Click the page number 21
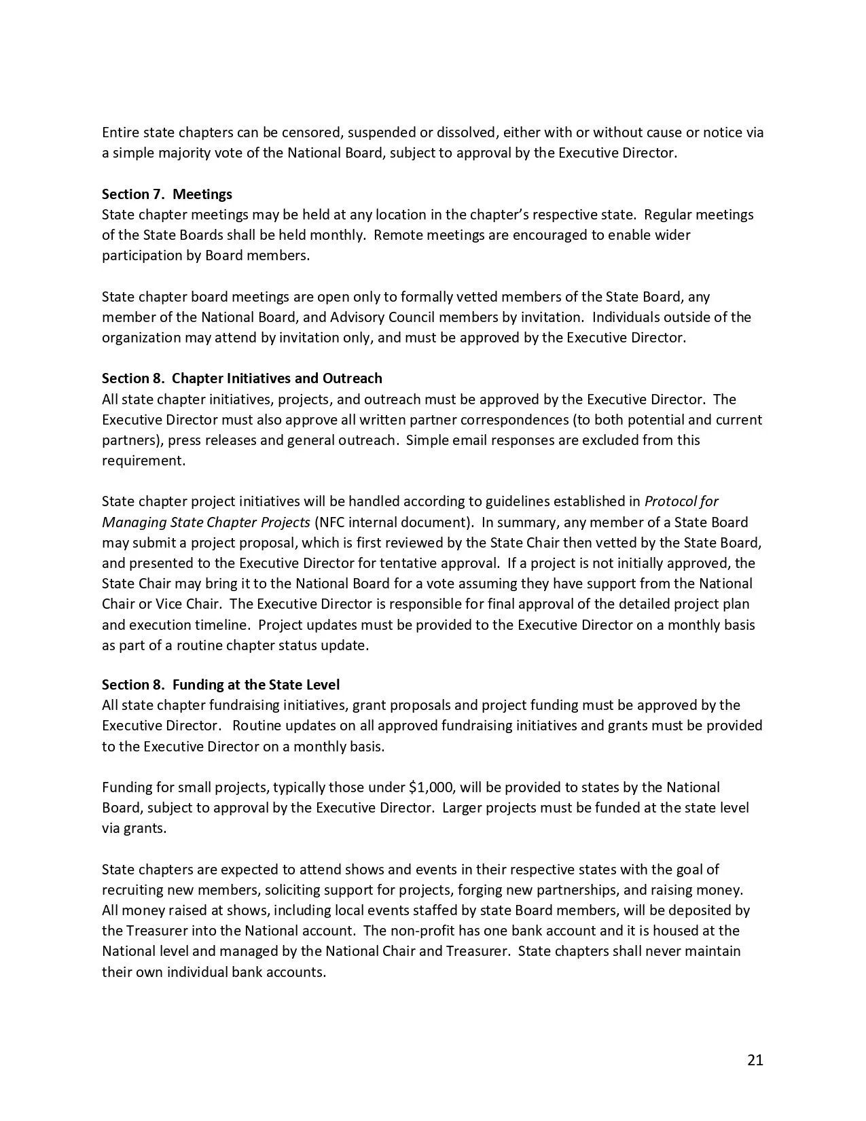(x=755, y=1060)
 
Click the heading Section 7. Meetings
(x=167, y=194)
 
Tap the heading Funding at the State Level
(x=256, y=685)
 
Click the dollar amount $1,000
(x=431, y=787)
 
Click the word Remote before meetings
(x=397, y=235)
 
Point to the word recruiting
(x=134, y=890)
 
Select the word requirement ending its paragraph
(x=143, y=461)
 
